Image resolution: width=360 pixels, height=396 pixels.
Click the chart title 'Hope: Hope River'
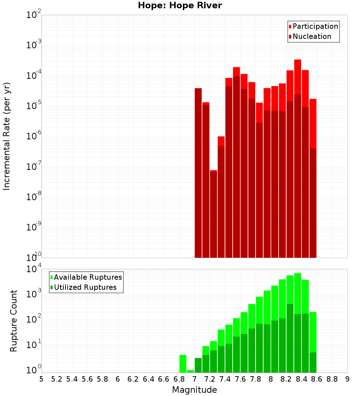[x=180, y=5]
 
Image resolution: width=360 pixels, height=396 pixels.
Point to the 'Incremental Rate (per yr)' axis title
[x=6, y=136]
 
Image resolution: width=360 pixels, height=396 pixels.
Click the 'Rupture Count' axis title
[x=14, y=320]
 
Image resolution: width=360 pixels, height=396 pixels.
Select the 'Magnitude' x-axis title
[x=194, y=390]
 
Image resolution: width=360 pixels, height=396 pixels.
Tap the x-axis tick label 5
[x=41, y=379]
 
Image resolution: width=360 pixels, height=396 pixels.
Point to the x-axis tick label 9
[x=347, y=379]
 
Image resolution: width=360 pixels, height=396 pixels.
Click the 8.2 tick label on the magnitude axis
[x=286, y=379]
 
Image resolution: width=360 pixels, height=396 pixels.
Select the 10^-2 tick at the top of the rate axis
[x=33, y=15]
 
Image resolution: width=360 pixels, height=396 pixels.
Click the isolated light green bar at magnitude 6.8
[x=183, y=364]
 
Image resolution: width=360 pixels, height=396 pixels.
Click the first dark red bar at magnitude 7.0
[x=198, y=173]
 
